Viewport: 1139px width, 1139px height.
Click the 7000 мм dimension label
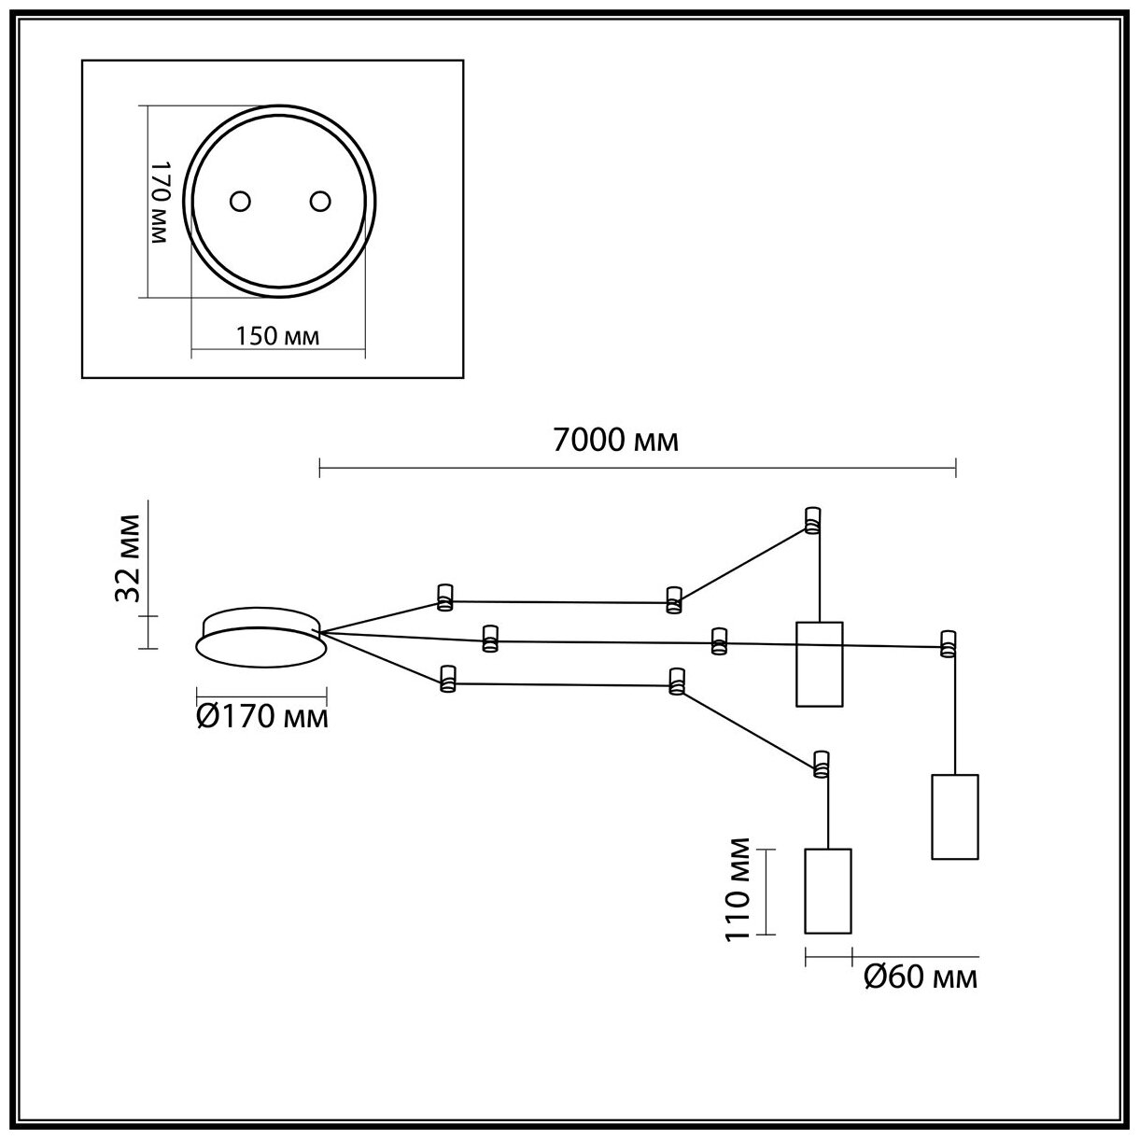pyautogui.click(x=615, y=441)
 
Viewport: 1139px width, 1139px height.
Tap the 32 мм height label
pyautogui.click(x=128, y=557)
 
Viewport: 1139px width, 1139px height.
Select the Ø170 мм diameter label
pyautogui.click(x=262, y=717)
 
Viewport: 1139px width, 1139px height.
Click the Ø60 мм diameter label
pyautogui.click(x=921, y=977)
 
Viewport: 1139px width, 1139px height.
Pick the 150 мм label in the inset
pyautogui.click(x=277, y=336)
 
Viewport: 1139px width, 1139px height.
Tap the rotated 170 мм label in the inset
pyautogui.click(x=160, y=202)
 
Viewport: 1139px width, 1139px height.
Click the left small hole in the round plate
pyautogui.click(x=241, y=202)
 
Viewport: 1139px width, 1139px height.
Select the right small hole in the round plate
pyautogui.click(x=320, y=202)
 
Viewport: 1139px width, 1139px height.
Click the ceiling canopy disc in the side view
pyautogui.click(x=260, y=638)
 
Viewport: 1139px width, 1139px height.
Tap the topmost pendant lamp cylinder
pyautogui.click(x=819, y=663)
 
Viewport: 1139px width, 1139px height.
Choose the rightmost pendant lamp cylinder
pyautogui.click(x=955, y=816)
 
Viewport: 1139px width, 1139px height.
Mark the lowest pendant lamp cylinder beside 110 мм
pyautogui.click(x=828, y=891)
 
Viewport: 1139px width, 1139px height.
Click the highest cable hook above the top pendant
pyautogui.click(x=812, y=520)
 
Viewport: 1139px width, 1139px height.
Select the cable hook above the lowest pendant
pyautogui.click(x=821, y=763)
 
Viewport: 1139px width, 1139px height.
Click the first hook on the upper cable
pyautogui.click(x=444, y=596)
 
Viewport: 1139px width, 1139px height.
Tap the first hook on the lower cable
pyautogui.click(x=447, y=679)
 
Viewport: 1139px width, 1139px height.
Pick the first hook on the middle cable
pyautogui.click(x=489, y=638)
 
